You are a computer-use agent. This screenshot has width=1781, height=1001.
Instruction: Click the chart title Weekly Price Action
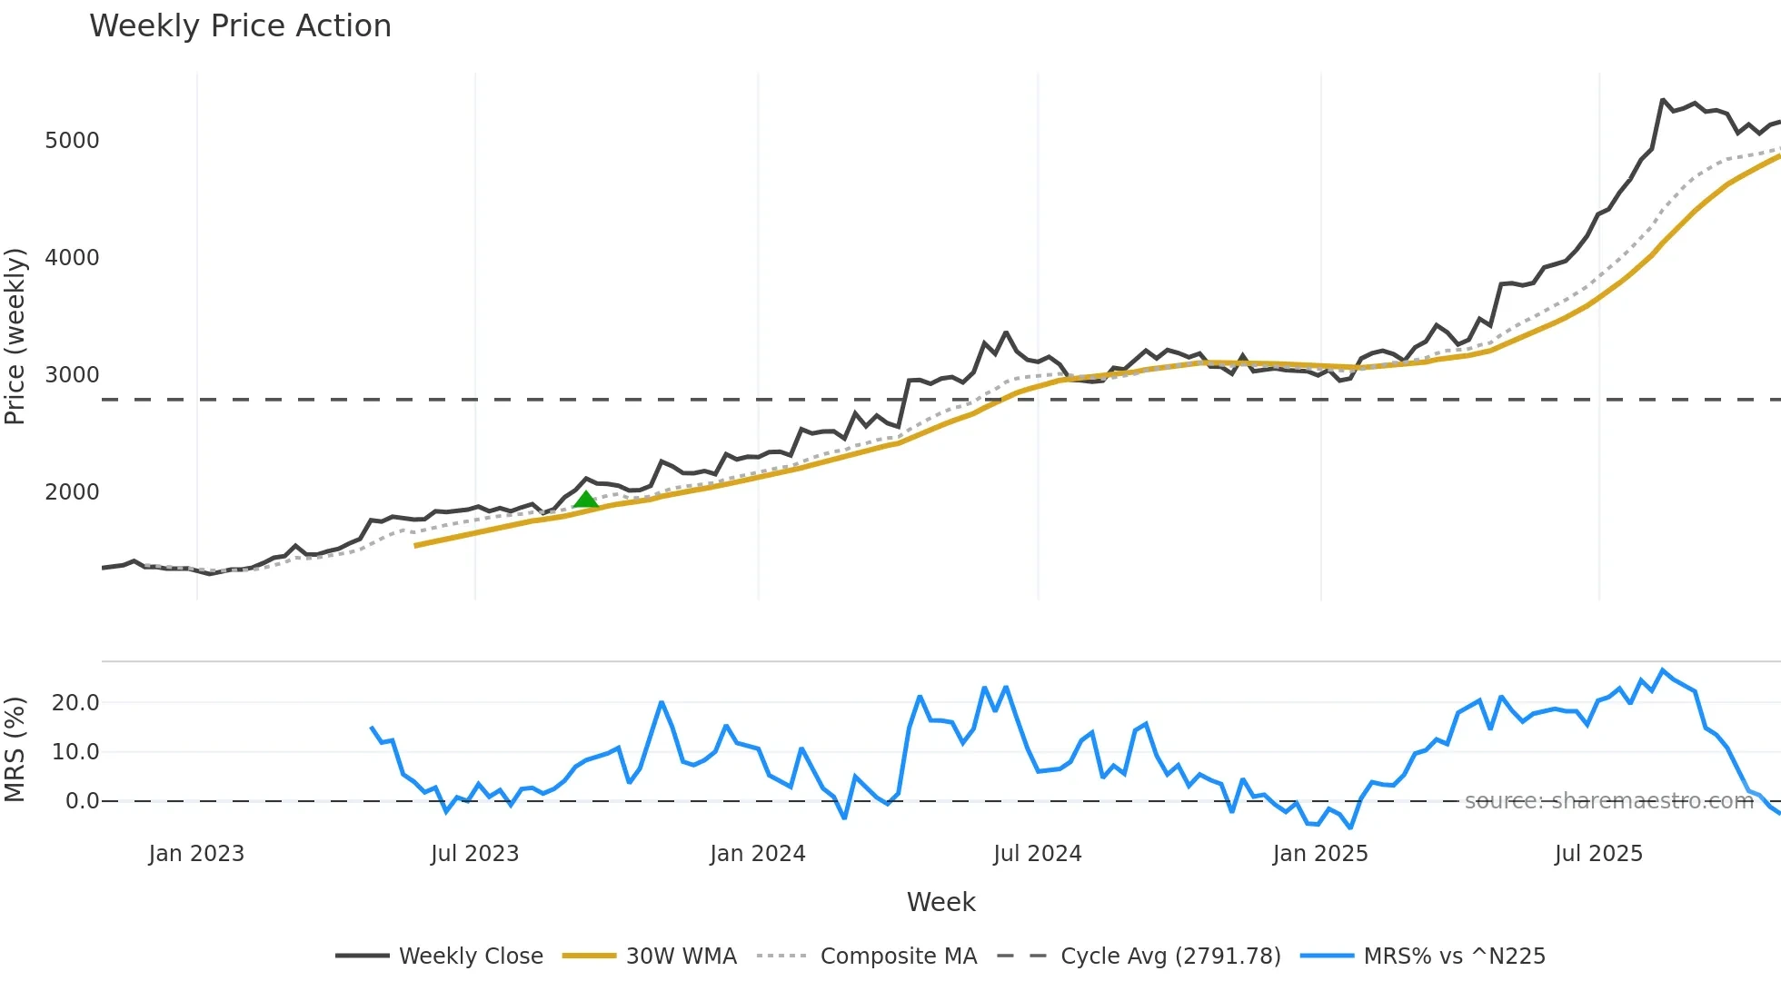click(x=240, y=26)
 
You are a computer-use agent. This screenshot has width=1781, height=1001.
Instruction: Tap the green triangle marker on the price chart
click(x=586, y=500)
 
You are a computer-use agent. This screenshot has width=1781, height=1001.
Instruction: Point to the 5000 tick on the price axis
click(x=72, y=141)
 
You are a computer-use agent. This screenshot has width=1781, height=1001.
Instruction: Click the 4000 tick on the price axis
click(x=72, y=258)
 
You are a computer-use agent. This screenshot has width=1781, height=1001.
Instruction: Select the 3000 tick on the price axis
click(x=72, y=375)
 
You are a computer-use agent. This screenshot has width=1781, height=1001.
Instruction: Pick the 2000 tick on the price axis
click(x=72, y=492)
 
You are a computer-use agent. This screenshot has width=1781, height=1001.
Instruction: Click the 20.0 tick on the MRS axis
click(x=75, y=703)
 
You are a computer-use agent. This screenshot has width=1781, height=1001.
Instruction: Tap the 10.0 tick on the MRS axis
click(x=75, y=752)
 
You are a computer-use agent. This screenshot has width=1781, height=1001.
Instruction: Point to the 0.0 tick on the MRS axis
click(x=82, y=801)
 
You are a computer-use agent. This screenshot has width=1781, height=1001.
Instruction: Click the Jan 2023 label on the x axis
click(x=196, y=854)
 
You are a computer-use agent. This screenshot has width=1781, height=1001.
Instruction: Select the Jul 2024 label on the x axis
click(x=1037, y=854)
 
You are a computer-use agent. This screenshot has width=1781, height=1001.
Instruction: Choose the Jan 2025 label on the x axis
click(x=1319, y=854)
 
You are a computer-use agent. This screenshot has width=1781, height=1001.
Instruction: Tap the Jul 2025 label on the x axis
click(x=1598, y=854)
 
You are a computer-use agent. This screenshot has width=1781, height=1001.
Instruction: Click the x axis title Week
click(x=940, y=902)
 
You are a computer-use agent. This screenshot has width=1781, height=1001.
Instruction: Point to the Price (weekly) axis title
click(x=15, y=336)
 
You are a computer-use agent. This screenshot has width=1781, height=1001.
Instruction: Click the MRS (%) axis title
click(x=15, y=749)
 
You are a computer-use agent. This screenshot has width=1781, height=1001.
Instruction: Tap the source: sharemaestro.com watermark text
click(x=1608, y=801)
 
